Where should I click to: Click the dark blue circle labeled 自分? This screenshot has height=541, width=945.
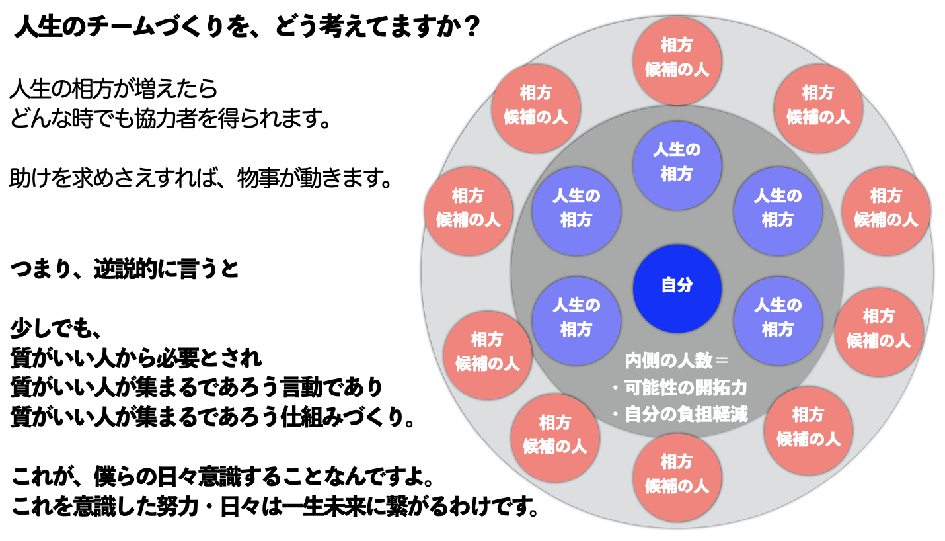677,288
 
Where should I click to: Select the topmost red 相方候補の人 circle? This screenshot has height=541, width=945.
677,61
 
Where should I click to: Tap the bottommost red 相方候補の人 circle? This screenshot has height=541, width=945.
677,478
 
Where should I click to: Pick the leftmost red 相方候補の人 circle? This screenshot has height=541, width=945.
469,211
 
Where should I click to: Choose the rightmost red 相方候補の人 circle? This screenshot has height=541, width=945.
886,211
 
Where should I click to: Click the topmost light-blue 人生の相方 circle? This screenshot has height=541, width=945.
677,165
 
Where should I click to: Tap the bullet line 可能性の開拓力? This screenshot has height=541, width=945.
679,388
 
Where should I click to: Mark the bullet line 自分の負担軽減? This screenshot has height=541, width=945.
679,414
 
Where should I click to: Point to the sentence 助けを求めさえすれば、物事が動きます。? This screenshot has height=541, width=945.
201,178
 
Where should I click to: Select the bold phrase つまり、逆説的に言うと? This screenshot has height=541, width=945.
125,269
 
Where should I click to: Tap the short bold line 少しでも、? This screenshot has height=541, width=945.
56,329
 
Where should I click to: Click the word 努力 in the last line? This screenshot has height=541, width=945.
178,506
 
